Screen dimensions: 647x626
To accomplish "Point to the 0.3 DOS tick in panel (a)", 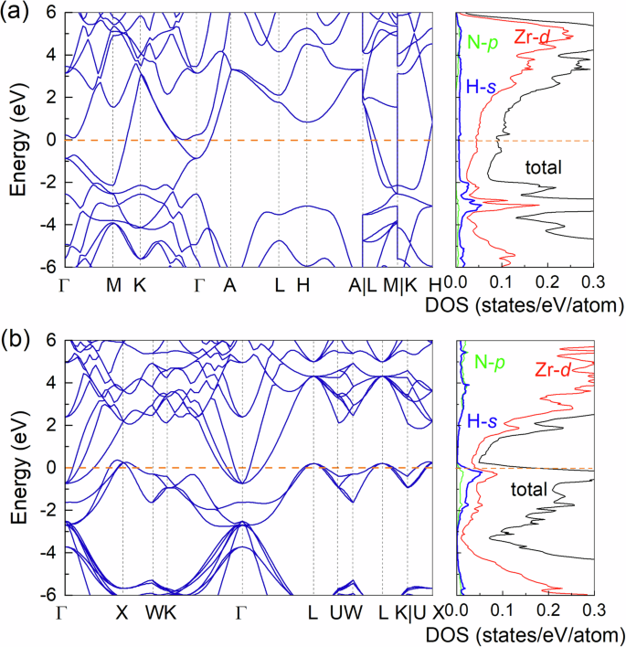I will pos(594,285).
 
